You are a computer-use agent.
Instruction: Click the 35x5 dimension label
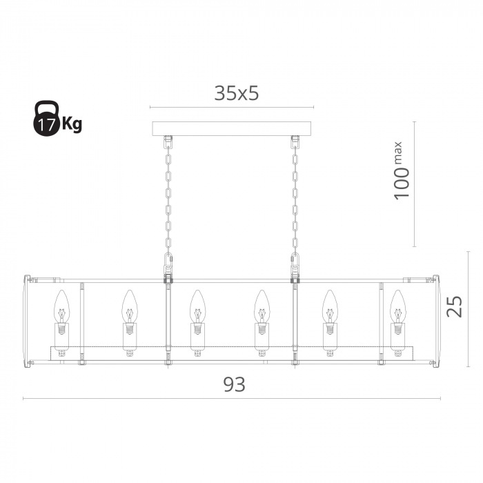tap(236, 93)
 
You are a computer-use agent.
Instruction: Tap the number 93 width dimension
tap(235, 384)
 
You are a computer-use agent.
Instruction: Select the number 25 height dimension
tap(455, 306)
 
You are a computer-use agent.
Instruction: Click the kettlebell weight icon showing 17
tap(46, 118)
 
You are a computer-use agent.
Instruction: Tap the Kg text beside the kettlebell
tap(72, 124)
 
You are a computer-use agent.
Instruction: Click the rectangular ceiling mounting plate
tap(232, 129)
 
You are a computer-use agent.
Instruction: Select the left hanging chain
tap(168, 197)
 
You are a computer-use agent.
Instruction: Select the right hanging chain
tap(295, 197)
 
